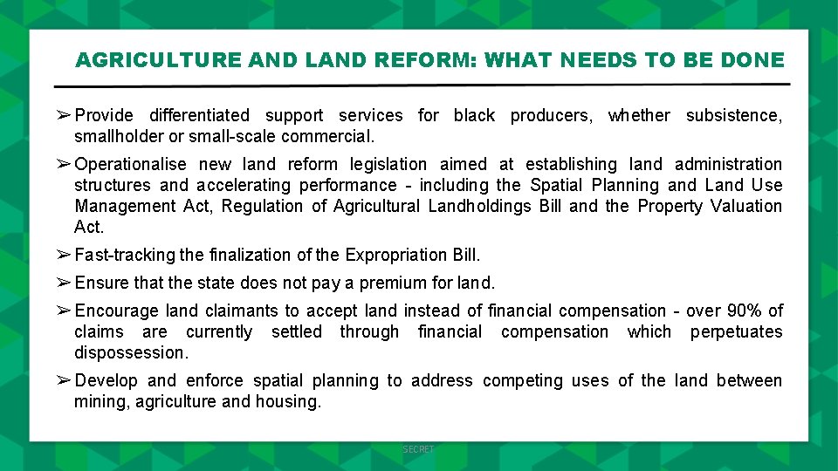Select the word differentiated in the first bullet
[x=199, y=115]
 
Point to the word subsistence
[x=733, y=115]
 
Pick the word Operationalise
[x=131, y=164]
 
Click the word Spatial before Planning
[x=556, y=185]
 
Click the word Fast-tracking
[x=125, y=255]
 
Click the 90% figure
[x=743, y=311]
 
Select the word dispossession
[x=131, y=352]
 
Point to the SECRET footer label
[x=418, y=449]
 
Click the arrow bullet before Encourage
[x=64, y=311]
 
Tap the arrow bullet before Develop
[x=64, y=380]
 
